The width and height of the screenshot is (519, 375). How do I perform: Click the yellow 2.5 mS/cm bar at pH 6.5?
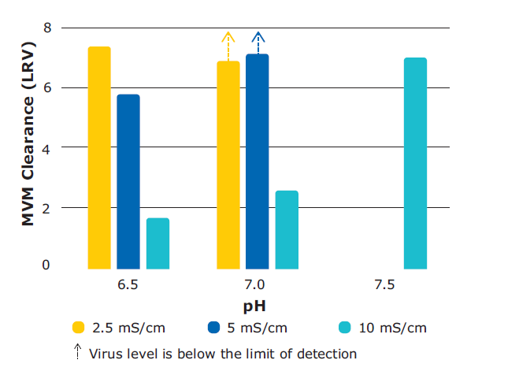(99, 158)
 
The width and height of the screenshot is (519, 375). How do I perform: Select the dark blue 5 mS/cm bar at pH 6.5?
(128, 181)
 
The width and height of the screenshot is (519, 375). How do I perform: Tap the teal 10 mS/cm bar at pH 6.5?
(158, 243)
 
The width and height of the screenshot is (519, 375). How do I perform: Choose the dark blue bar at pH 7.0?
(258, 161)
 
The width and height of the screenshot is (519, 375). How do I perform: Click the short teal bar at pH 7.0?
(287, 229)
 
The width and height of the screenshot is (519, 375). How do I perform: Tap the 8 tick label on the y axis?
(46, 28)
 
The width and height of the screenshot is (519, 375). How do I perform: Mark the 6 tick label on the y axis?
(46, 88)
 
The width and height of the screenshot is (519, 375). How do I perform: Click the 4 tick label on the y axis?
(46, 147)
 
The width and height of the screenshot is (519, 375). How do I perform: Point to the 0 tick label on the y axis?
(46, 266)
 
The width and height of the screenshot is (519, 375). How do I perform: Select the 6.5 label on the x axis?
(128, 285)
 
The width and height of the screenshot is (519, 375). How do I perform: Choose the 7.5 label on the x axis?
(384, 285)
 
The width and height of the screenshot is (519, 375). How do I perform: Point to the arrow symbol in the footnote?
(78, 352)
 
